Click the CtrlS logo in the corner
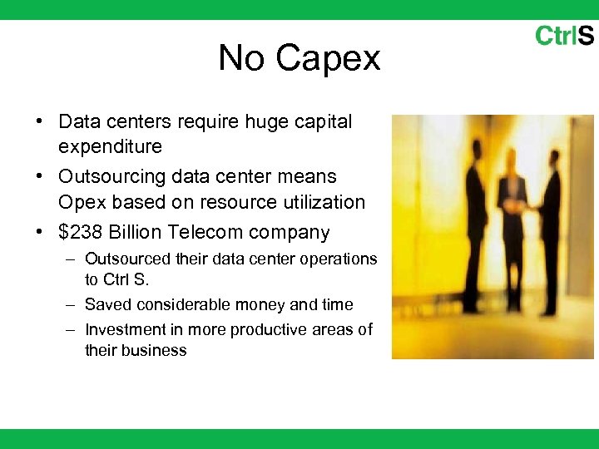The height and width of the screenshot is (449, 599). point(564,36)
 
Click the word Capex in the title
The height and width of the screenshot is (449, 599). point(328,58)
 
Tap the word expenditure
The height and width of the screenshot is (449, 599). point(110,147)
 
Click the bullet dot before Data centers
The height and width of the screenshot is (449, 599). point(40,122)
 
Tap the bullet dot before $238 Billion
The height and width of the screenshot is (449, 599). point(40,233)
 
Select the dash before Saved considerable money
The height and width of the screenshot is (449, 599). point(72,305)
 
